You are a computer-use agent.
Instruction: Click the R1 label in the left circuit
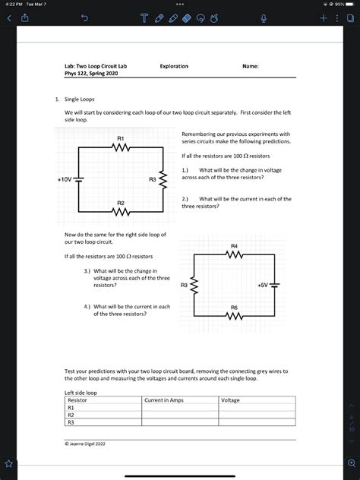click(121, 137)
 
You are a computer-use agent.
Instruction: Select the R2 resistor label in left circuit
click(121, 204)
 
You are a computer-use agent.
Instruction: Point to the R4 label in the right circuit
click(234, 246)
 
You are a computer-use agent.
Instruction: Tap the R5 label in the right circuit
click(234, 308)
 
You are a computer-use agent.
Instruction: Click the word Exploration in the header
click(174, 66)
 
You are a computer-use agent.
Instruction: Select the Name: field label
click(251, 66)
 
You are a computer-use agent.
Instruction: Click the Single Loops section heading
click(78, 99)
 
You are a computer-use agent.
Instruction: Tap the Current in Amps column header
click(164, 399)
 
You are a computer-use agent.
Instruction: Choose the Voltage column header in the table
click(230, 399)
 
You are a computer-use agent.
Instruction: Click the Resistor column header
click(78, 399)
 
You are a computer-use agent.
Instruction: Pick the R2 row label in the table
click(71, 415)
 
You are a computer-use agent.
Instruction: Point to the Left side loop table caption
click(81, 393)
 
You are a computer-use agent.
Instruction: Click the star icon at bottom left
click(10, 463)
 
